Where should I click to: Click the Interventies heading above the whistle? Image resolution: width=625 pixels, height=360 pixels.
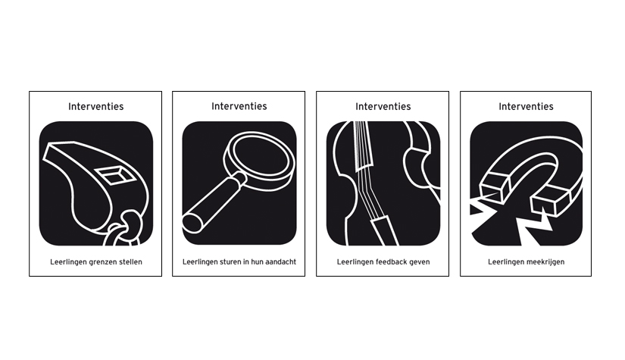95,106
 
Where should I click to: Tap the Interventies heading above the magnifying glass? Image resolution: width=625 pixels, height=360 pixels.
239,106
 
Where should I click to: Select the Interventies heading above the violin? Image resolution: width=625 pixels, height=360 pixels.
383,106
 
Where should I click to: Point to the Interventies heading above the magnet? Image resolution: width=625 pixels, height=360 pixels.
527,106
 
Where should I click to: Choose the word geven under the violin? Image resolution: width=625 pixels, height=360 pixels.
420,262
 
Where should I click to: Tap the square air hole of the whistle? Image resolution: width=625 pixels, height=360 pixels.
114,175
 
